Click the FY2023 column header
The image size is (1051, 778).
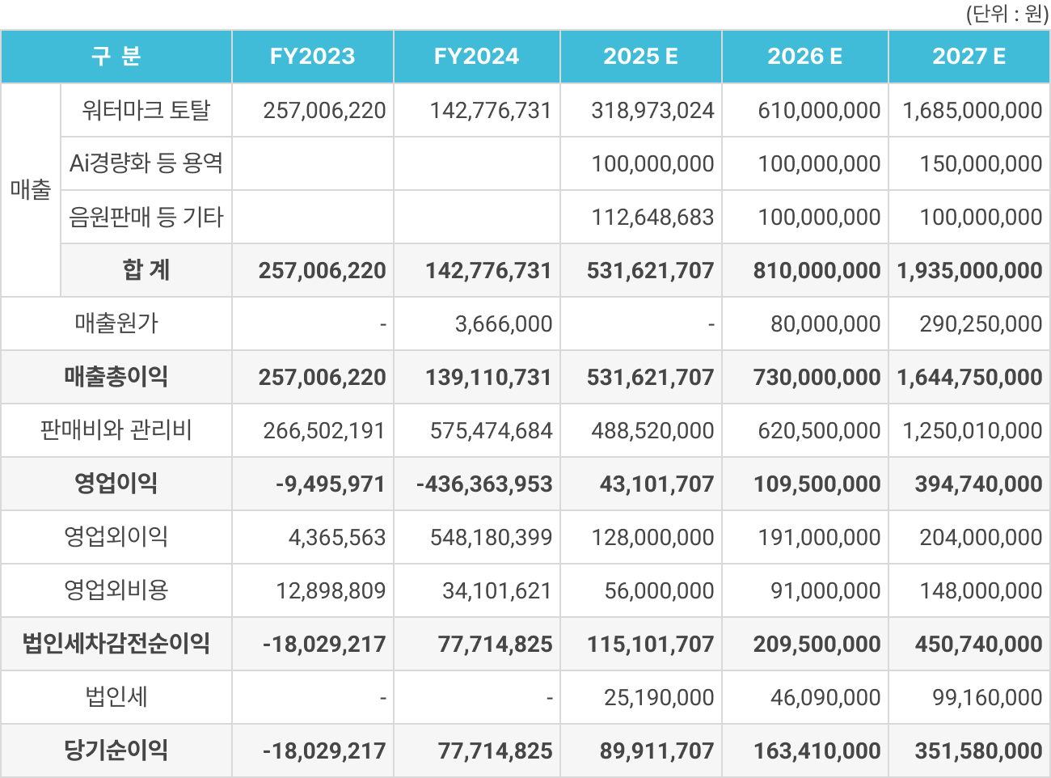pos(312,57)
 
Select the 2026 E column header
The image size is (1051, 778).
pos(804,57)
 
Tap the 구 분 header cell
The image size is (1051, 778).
pos(116,57)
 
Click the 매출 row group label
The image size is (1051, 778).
pos(31,190)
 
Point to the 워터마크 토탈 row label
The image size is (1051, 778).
pos(146,110)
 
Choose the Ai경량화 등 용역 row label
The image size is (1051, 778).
pos(146,163)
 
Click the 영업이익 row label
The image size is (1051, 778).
pos(116,484)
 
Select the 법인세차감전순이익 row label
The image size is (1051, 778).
pos(116,644)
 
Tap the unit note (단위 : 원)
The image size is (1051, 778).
pos(1007,14)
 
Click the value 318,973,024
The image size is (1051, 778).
pos(652,111)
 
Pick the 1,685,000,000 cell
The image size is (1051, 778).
pos(972,111)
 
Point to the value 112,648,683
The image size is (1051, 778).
pos(652,218)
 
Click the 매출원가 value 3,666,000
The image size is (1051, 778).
pos(503,324)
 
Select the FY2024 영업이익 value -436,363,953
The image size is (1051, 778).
pos(484,484)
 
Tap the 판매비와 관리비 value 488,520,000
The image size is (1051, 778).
pos(652,431)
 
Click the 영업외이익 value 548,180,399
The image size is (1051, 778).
pos(491,538)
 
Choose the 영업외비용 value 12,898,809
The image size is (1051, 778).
pos(331,591)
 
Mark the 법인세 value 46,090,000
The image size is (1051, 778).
pos(825,698)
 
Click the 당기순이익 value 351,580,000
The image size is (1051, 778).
pos(978,751)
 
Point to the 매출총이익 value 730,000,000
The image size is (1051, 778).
pos(817,378)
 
